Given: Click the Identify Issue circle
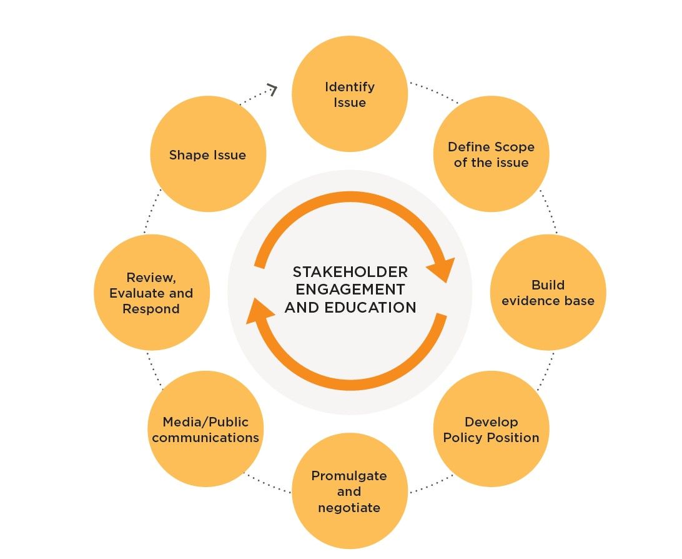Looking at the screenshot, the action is coord(350,94).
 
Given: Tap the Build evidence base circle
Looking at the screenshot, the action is coord(548,292).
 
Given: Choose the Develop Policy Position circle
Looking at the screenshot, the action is coord(491,429).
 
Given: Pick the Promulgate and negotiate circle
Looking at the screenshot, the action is coord(350,491).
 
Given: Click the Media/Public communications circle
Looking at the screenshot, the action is coord(205,429).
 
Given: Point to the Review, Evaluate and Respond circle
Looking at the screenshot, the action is coord(151,292).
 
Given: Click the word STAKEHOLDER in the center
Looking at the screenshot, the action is coord(350,272).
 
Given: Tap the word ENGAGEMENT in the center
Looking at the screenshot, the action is coord(350,290).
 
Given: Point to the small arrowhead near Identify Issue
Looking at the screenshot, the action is coord(272,89).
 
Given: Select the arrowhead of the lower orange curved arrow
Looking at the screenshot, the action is coord(259,310).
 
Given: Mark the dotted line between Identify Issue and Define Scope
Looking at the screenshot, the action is coord(433,91).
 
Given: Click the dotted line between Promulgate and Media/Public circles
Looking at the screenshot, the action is coord(267,483).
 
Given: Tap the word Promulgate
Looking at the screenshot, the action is coord(349,475).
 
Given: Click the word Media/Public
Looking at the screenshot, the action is coord(205,421).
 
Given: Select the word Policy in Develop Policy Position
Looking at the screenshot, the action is coord(463,437).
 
